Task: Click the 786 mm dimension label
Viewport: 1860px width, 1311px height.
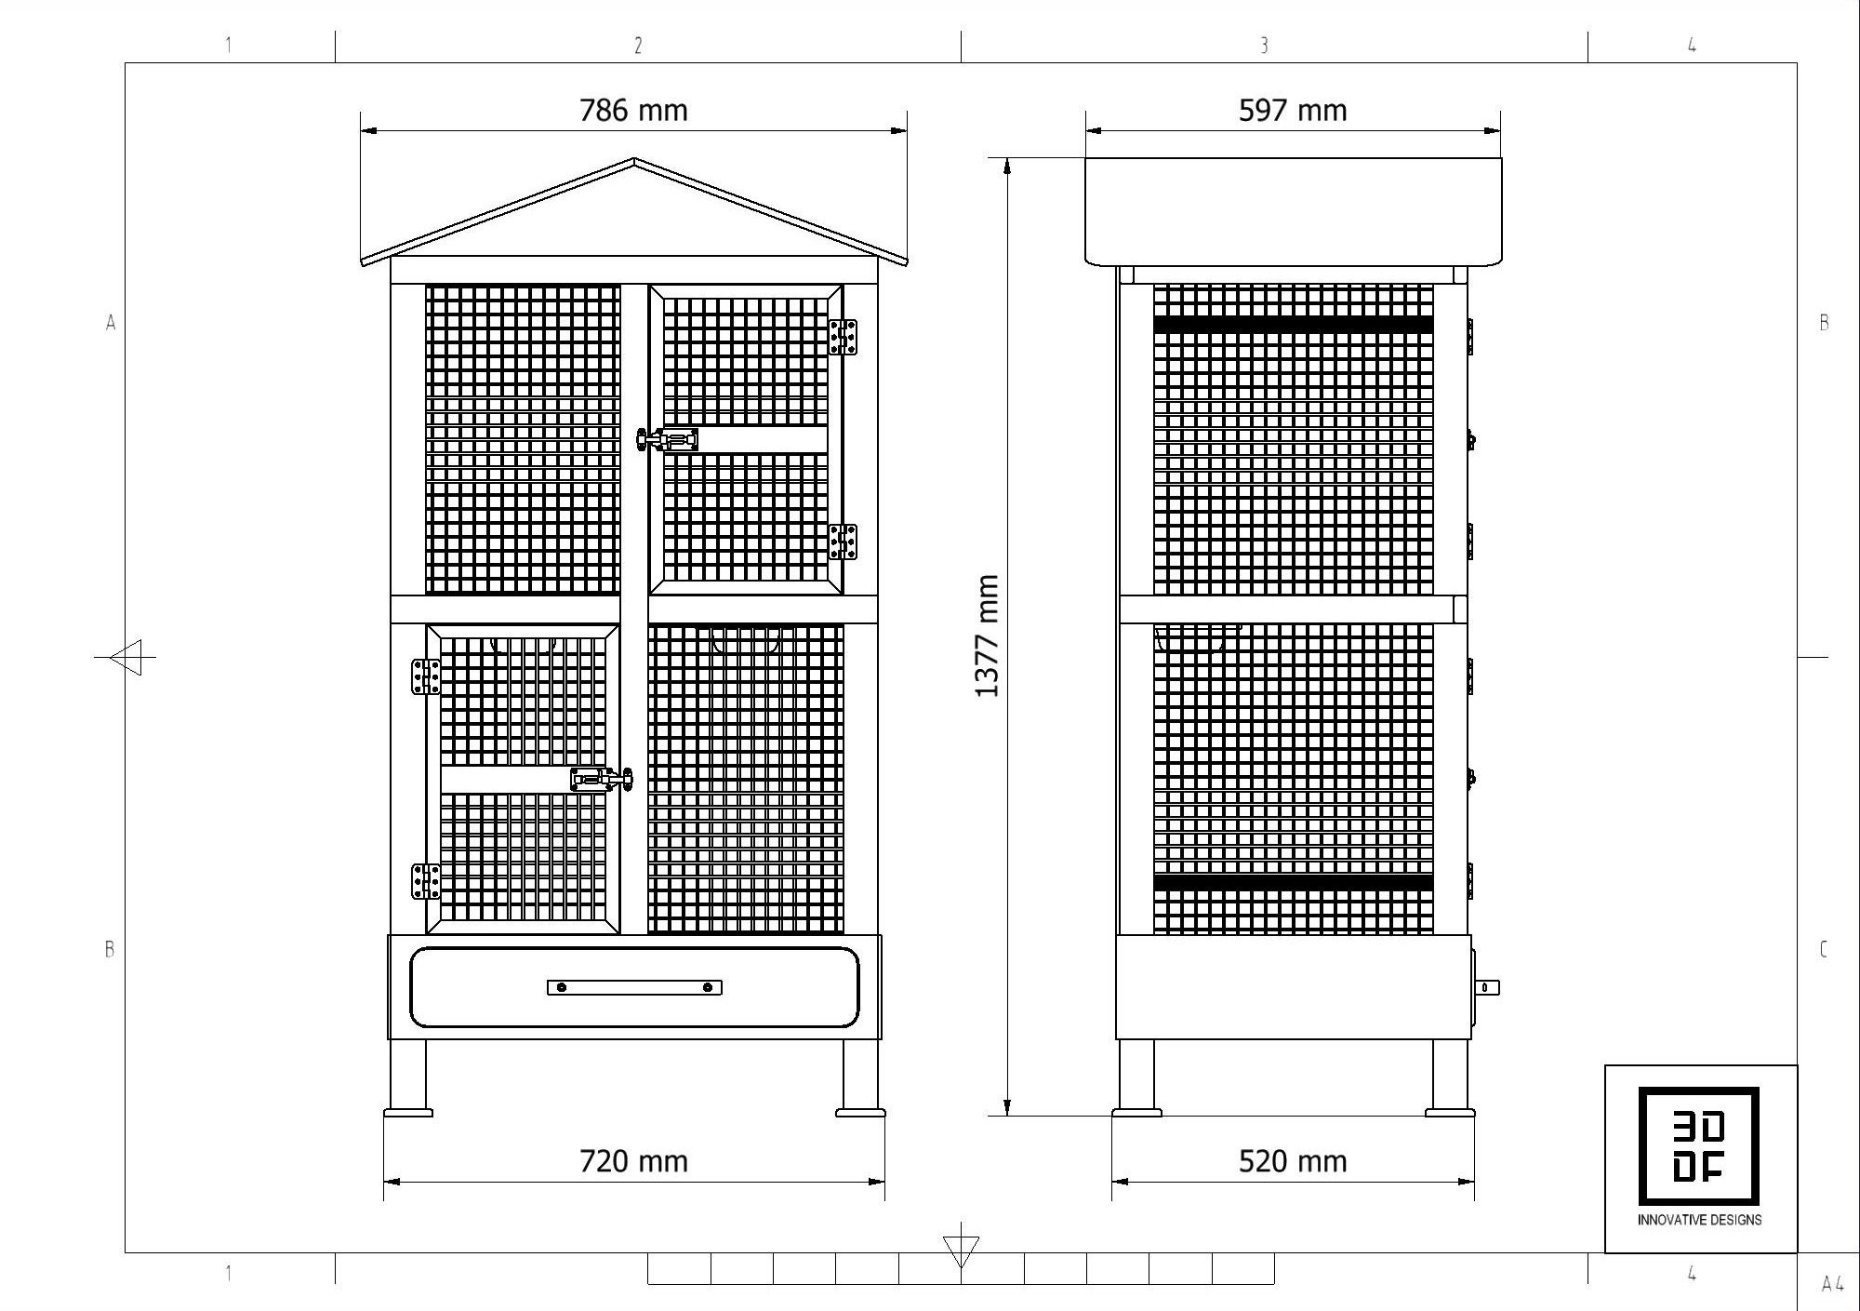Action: point(633,111)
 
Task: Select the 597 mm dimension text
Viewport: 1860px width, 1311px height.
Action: point(1292,111)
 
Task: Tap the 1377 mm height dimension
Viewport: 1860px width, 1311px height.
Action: point(987,635)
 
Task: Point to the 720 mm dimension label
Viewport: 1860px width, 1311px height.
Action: point(633,1161)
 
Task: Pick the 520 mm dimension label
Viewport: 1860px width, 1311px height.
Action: point(1292,1161)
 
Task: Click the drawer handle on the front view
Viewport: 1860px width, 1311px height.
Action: point(634,987)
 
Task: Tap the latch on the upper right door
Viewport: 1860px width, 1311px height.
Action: point(668,439)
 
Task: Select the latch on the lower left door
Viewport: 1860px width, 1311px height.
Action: point(601,779)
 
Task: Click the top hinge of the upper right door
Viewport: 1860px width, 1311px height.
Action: point(843,337)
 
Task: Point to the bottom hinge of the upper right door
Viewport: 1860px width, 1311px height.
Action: point(843,542)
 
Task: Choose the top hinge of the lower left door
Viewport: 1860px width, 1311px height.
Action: point(426,676)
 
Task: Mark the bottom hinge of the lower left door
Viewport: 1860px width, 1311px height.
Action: point(426,881)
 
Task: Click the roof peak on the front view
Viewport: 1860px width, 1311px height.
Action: point(633,161)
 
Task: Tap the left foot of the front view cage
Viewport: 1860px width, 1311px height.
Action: point(408,1111)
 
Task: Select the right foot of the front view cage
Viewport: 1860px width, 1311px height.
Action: point(860,1111)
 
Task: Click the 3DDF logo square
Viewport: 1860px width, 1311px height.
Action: point(1698,1146)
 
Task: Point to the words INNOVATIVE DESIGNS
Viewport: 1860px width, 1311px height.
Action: point(1699,1220)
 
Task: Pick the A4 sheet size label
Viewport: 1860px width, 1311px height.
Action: point(1832,1285)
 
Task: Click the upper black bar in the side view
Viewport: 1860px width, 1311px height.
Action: point(1293,326)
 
